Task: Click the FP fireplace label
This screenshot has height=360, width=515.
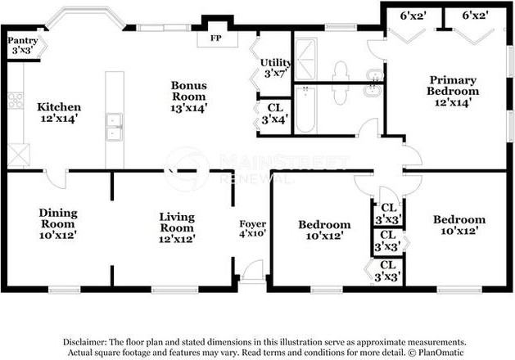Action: tap(216, 38)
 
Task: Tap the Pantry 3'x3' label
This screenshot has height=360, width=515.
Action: tap(23, 45)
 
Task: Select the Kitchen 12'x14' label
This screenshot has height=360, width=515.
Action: tap(59, 112)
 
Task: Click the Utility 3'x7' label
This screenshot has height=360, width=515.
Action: tap(275, 68)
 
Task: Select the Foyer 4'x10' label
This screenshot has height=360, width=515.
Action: tap(252, 228)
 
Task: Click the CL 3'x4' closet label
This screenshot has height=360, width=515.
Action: tap(275, 114)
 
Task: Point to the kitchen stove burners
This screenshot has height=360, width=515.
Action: tap(16, 101)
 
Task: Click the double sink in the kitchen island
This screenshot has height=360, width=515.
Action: tap(115, 127)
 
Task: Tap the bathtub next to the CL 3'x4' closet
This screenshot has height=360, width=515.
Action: tap(305, 110)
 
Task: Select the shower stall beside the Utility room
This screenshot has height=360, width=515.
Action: tap(305, 59)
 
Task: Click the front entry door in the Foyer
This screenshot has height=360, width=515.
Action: tap(253, 271)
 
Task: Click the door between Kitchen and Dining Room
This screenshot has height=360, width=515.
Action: tap(56, 179)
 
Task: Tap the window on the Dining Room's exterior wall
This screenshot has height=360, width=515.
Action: tap(65, 290)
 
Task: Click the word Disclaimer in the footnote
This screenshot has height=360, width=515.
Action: tap(85, 342)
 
